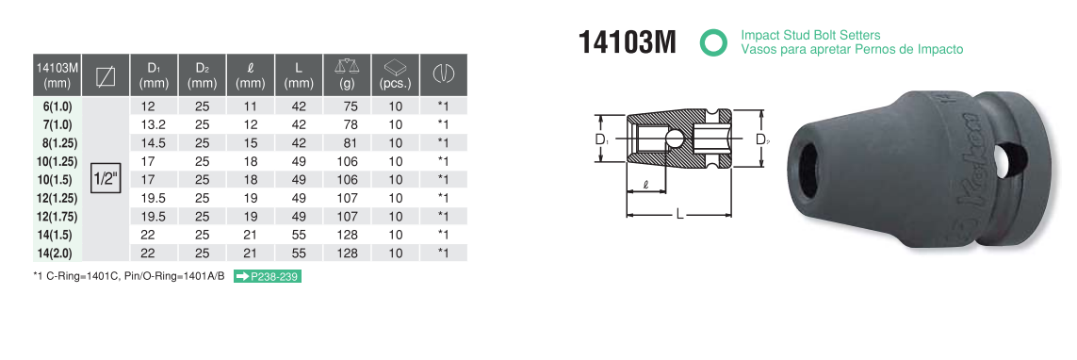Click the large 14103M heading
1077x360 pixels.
coord(628,42)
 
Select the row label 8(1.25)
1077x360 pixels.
coord(57,143)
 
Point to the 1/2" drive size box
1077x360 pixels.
coord(106,180)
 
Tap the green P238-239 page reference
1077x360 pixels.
coord(268,276)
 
